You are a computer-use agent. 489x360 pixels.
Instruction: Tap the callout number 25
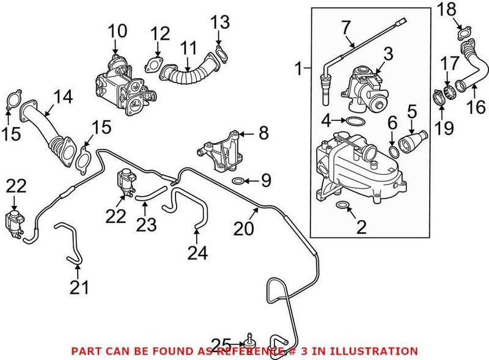221,344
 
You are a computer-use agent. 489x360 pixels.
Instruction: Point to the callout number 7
346,27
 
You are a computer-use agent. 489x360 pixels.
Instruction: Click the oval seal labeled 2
343,205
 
